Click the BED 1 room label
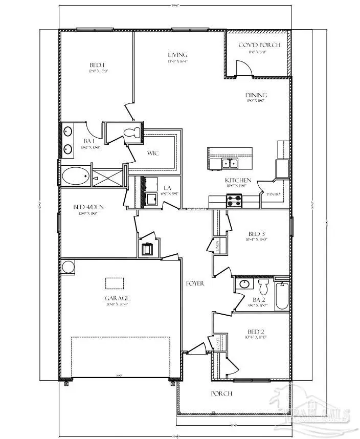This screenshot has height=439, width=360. click(97, 65)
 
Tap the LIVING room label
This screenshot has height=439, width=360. click(177, 55)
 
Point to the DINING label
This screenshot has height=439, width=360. click(256, 95)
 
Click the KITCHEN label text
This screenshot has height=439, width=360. click(238, 180)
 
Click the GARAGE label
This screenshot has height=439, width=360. click(117, 298)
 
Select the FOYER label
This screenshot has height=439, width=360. click(195, 283)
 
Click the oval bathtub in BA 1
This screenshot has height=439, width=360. click(75, 177)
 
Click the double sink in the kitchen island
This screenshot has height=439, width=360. click(230, 163)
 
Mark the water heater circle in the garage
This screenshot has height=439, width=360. click(68, 267)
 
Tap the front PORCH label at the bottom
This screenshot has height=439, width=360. click(222, 393)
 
